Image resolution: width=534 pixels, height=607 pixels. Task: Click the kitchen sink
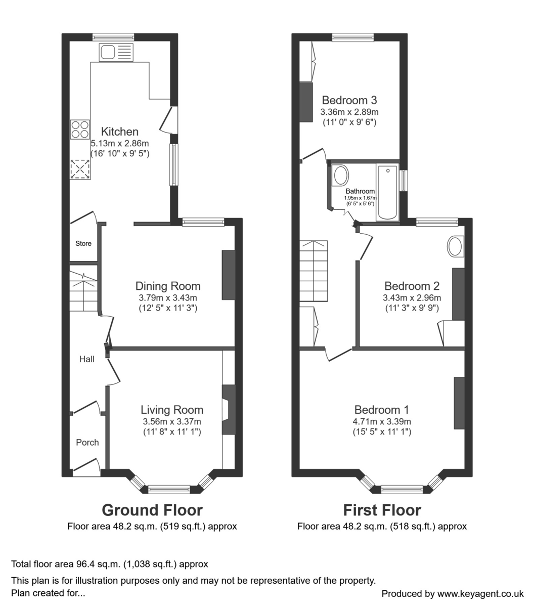point(116,52)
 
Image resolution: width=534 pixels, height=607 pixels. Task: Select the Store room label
point(83,243)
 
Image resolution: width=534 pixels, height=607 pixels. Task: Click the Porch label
point(87,442)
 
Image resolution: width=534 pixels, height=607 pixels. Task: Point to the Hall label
point(86,359)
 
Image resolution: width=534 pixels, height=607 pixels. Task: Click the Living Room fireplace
point(229,410)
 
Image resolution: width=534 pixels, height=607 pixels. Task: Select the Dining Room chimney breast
point(229,275)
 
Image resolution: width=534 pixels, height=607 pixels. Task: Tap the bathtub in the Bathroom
point(387,192)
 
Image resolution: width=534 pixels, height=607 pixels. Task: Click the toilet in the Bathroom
point(340,177)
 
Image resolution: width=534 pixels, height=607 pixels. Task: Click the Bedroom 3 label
point(349,100)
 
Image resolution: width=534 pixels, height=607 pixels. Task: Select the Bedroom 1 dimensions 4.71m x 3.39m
point(382,421)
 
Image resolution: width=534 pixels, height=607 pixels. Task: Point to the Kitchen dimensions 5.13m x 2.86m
point(119,143)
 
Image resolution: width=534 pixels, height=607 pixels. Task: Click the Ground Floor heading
point(152,509)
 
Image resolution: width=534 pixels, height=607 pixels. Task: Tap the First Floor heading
point(382,509)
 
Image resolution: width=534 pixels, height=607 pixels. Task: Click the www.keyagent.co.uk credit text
point(452,593)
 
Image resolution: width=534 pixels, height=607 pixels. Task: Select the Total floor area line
point(110,563)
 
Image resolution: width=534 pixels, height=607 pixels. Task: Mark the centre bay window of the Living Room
point(169,489)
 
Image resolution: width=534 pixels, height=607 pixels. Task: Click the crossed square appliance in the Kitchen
point(80,169)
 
